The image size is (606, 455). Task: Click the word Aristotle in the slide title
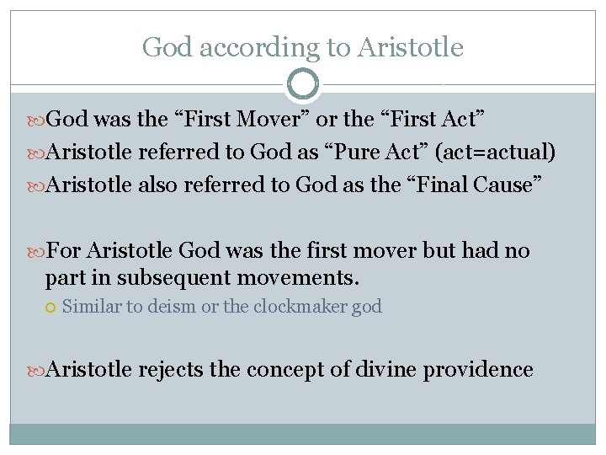[410, 47]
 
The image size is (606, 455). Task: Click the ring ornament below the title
[303, 84]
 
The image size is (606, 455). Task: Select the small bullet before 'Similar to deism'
[51, 308]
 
